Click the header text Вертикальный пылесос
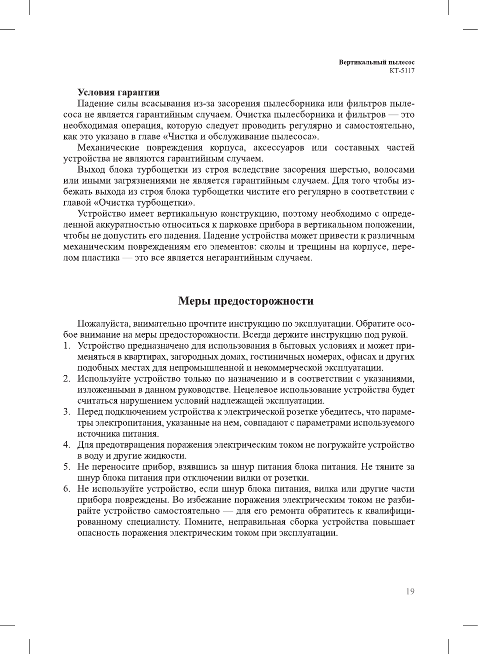pyautogui.click(x=376, y=63)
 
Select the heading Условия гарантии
pyautogui.click(x=118, y=93)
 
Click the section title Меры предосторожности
pyautogui.click(x=246, y=301)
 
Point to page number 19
pyautogui.click(x=410, y=591)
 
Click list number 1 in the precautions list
pyautogui.click(x=66, y=346)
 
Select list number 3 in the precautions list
pyautogui.click(x=66, y=412)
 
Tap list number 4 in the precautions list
pyautogui.click(x=66, y=445)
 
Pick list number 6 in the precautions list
pyautogui.click(x=66, y=489)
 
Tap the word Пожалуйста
pyautogui.click(x=103, y=324)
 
